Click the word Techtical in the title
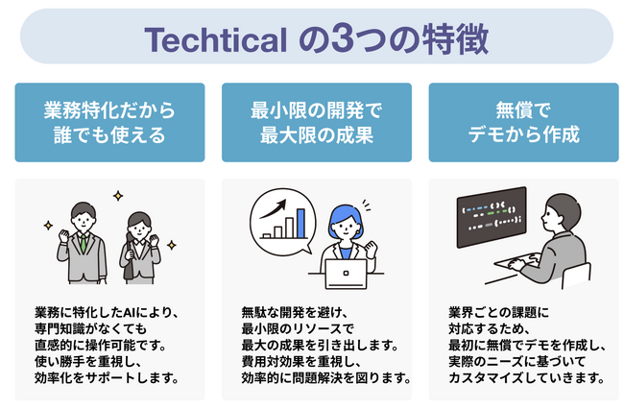[x=215, y=39]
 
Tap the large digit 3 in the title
[x=343, y=39]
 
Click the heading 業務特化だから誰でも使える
[x=109, y=122]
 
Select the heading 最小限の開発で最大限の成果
[x=317, y=122]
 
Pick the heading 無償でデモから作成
[x=523, y=122]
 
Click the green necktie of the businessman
[x=84, y=243]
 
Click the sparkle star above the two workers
[x=118, y=196]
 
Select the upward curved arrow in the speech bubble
[x=273, y=208]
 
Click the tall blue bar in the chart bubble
[x=300, y=223]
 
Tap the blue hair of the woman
[x=345, y=218]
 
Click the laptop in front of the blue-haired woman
[x=346, y=274]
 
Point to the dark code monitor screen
[x=492, y=217]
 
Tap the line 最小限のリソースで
[x=298, y=329]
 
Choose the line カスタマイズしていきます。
[x=527, y=377]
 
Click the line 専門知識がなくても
[x=91, y=329]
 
